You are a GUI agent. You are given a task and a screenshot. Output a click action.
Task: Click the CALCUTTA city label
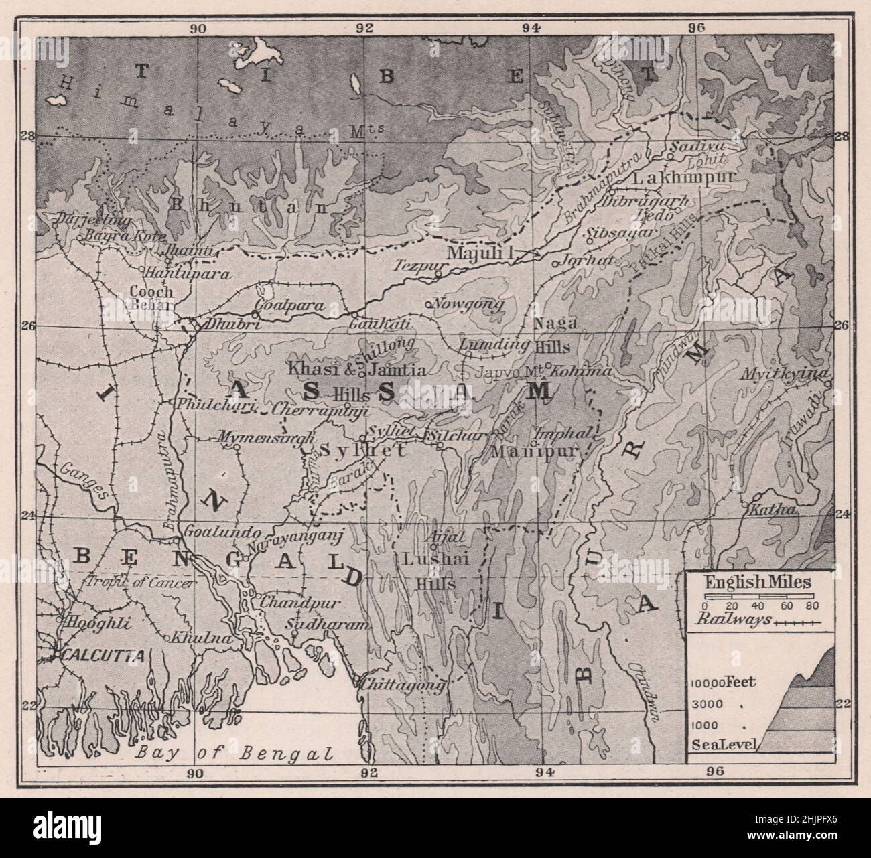click(x=103, y=656)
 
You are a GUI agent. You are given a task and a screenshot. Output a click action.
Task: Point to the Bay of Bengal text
click(x=234, y=753)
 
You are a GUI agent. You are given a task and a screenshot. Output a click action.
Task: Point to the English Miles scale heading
click(x=758, y=582)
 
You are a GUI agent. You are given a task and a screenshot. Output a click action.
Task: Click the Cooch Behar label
click(x=151, y=299)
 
